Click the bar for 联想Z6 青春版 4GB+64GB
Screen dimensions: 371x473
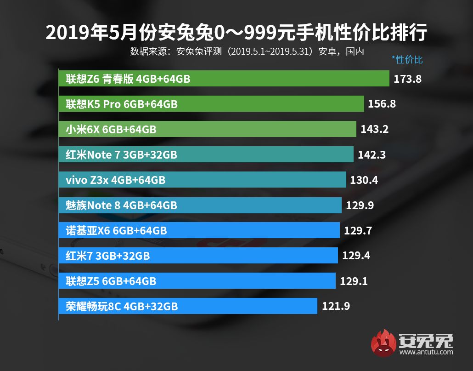[x=224, y=79]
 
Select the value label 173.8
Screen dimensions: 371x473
[x=407, y=79]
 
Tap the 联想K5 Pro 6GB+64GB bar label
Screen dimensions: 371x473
[x=121, y=104]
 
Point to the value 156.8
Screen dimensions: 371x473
[x=382, y=104]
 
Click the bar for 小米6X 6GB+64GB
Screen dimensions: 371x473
[x=207, y=130]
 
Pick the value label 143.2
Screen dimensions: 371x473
[x=374, y=130]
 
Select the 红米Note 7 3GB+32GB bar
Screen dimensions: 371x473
[x=206, y=155]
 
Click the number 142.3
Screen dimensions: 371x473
[x=372, y=155]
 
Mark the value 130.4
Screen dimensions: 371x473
[x=364, y=180]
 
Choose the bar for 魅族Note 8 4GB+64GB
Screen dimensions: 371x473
[x=200, y=205]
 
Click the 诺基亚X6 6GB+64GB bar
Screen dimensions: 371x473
[x=199, y=230]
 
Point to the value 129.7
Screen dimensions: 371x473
[x=358, y=230]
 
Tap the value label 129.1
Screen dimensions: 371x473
[x=354, y=281]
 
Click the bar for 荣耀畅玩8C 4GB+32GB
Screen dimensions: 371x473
[x=188, y=306]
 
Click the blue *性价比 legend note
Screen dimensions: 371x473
[x=407, y=60]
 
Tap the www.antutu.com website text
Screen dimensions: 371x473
[x=426, y=352]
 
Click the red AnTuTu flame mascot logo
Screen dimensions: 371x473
[x=384, y=343]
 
